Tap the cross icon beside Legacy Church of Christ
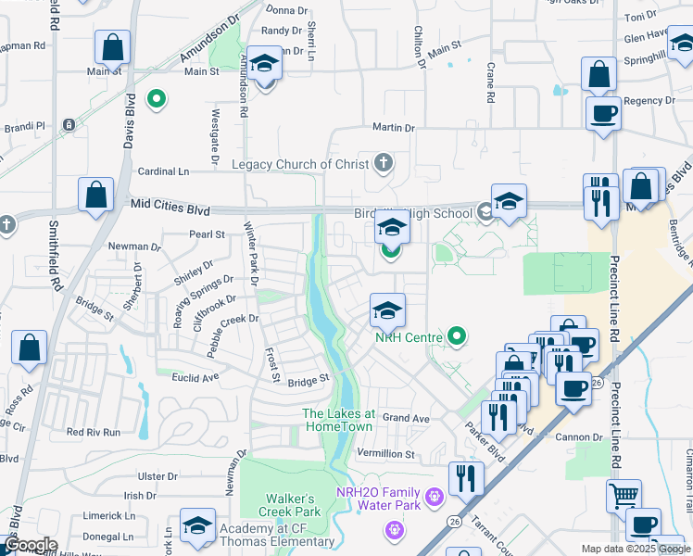pyautogui.click(x=383, y=164)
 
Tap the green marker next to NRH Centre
pyautogui.click(x=456, y=335)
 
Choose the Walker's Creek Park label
pyautogui.click(x=278, y=505)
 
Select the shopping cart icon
pyautogui.click(x=624, y=496)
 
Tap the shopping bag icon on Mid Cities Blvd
pyautogui.click(x=95, y=195)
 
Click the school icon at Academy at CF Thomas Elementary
pyautogui.click(x=197, y=525)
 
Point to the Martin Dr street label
pyautogui.click(x=393, y=127)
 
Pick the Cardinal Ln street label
pyautogui.click(x=163, y=171)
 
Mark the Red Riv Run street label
pyautogui.click(x=94, y=432)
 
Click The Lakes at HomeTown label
pyautogui.click(x=339, y=420)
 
